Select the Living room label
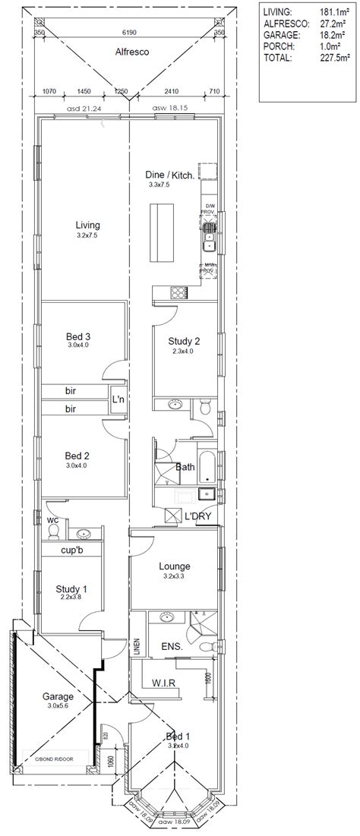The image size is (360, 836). pos(87,225)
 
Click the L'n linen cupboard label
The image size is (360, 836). pos(118,399)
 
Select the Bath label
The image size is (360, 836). pos(185,468)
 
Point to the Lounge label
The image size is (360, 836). pos(174,566)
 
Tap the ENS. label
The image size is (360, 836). pos(172,647)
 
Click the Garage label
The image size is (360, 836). pos(58,696)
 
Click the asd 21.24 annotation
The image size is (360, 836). pos(84,109)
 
